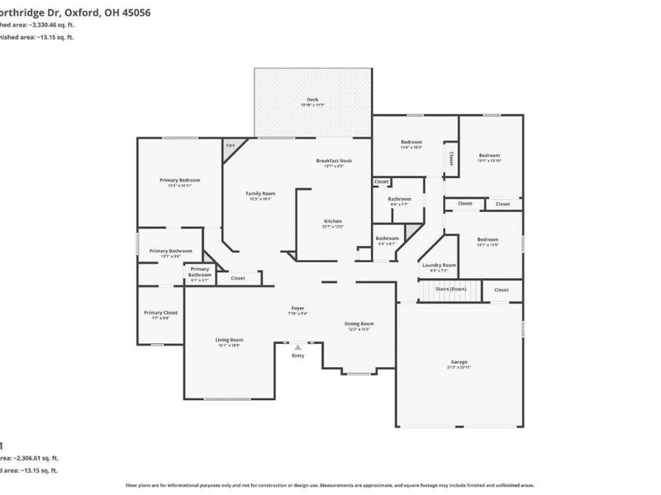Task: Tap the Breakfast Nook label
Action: (x=334, y=161)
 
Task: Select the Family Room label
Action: (x=259, y=194)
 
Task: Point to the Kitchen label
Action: (x=333, y=221)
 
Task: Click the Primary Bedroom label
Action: (x=179, y=180)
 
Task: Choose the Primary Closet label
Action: (x=160, y=313)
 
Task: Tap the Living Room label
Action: (x=230, y=340)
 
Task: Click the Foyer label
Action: (x=297, y=308)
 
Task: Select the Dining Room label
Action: (x=359, y=323)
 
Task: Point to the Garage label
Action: (x=459, y=361)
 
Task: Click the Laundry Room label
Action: (x=439, y=265)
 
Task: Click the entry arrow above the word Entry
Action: (x=297, y=347)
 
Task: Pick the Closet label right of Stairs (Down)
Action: (x=502, y=290)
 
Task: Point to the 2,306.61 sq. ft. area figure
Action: (x=36, y=457)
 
